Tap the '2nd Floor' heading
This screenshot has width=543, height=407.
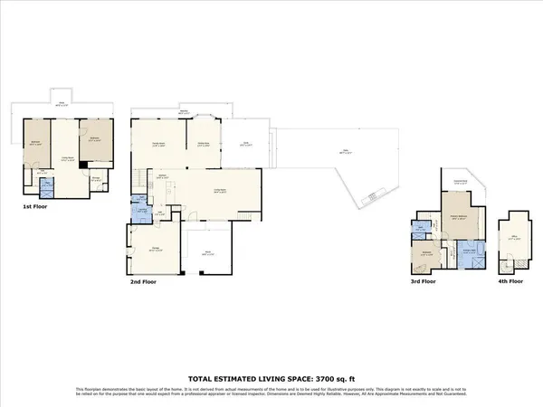click(145, 283)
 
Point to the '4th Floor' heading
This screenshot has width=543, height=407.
click(510, 281)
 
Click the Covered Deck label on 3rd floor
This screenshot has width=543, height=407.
click(460, 185)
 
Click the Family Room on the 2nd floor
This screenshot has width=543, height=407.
click(157, 142)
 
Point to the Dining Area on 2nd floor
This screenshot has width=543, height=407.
click(203, 142)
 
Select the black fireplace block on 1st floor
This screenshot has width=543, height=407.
click(83, 165)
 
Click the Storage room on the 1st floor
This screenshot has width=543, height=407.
click(96, 178)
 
